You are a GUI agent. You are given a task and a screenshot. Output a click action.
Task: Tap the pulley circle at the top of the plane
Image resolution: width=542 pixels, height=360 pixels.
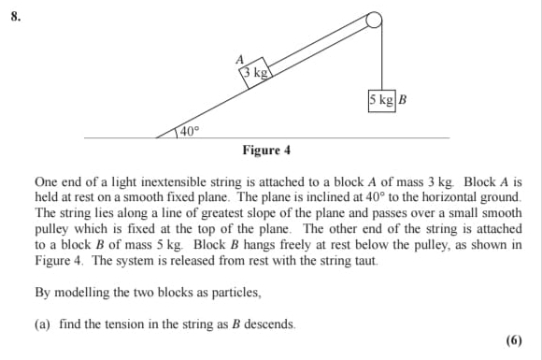pos(374,21)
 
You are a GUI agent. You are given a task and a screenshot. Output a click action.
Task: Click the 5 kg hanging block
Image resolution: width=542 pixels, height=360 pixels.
pos(382,99)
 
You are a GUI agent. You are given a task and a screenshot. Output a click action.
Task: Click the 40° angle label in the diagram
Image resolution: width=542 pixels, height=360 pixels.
pos(189,131)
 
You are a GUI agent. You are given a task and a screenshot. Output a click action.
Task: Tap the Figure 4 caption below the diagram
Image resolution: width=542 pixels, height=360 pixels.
pos(266,151)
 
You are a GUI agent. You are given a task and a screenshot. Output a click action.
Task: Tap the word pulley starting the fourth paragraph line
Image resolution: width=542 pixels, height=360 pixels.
pos(52,229)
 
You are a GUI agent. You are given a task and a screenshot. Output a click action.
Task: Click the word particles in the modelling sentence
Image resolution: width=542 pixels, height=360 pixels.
pos(235,293)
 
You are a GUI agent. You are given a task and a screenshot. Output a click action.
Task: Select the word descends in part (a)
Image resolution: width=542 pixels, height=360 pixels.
pos(268,324)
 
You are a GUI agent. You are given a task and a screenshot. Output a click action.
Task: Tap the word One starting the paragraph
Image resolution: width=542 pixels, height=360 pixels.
pos(47,181)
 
